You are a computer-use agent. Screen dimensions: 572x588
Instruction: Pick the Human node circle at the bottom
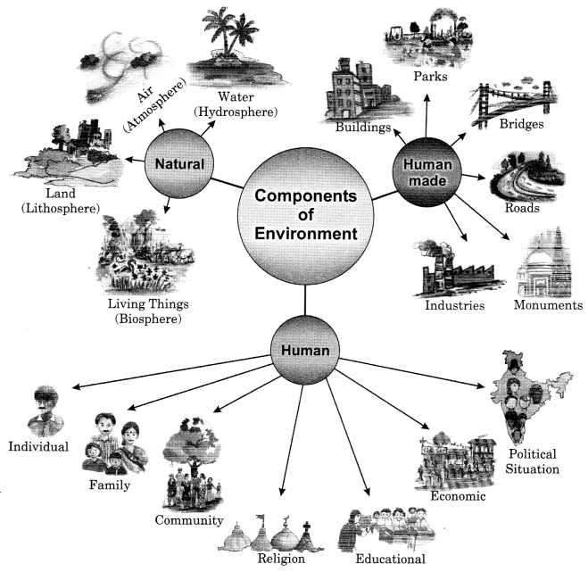[305, 350]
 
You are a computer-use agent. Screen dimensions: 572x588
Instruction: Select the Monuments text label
[548, 305]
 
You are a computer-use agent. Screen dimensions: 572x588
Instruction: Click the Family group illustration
[112, 444]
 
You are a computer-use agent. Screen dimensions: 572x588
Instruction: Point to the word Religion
[281, 560]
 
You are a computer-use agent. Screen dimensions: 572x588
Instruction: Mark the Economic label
[458, 497]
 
